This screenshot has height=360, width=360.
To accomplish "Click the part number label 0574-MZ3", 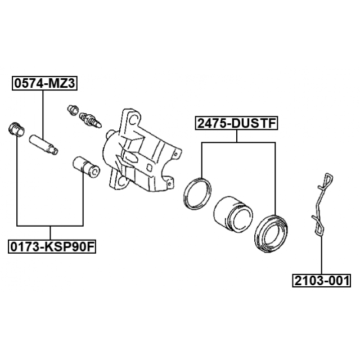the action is (44, 83).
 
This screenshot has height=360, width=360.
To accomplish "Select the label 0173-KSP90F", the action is (52, 247).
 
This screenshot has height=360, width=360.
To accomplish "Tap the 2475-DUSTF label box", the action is (236, 123).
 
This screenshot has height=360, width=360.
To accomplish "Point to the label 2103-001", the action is (321, 280).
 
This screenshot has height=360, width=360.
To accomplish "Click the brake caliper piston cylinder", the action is (233, 214).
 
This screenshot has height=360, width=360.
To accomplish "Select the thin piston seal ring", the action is (197, 193).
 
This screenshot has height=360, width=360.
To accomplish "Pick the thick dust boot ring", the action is (271, 234).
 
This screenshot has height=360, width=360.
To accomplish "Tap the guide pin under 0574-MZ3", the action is (44, 145).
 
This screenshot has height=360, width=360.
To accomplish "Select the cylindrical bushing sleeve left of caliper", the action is (86, 166).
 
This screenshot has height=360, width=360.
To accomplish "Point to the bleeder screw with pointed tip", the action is (91, 120).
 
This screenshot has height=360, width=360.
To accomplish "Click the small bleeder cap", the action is (73, 110).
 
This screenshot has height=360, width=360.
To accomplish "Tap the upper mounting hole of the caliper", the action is (133, 119).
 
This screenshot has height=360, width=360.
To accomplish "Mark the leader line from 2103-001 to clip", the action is (321, 255).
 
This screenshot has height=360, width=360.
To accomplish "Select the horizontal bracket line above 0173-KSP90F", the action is (50, 226).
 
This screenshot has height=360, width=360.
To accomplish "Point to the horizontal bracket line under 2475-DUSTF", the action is (238, 142).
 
